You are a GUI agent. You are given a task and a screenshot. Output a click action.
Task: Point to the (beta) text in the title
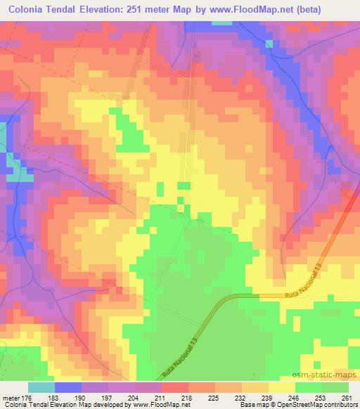(323, 10)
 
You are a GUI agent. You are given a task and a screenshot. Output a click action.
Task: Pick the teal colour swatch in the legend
(41, 387)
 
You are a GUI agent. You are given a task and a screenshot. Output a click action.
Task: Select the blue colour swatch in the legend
(68, 387)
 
